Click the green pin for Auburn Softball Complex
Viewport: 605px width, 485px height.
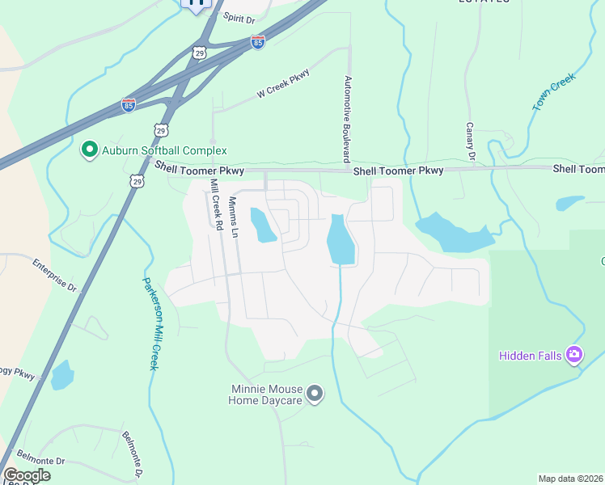[x=88, y=150]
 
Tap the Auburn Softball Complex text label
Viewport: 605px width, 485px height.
[x=164, y=150]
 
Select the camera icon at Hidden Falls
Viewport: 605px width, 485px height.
[x=574, y=353]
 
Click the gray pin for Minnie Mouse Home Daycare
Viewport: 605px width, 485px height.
[x=315, y=394]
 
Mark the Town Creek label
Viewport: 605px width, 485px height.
[x=553, y=92]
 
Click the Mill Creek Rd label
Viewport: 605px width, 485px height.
[x=215, y=205]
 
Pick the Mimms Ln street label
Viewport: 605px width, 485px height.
[x=233, y=217]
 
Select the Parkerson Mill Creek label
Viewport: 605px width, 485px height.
[x=149, y=323]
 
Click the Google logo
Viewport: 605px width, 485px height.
[x=27, y=475]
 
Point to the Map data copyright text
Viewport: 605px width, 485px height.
[x=571, y=478]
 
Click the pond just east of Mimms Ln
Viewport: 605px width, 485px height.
[x=263, y=226]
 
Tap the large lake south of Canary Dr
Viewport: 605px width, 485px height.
[x=453, y=233]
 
